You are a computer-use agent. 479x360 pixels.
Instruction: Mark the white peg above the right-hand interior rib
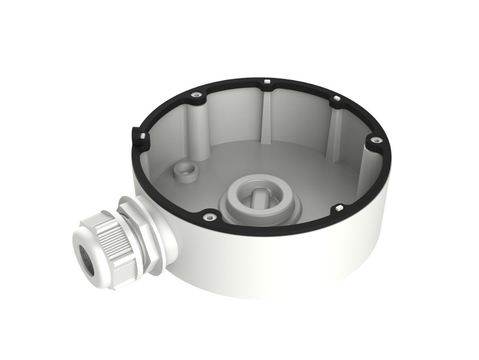point(335,99)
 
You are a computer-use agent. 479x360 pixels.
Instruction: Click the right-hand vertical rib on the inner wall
point(333,131)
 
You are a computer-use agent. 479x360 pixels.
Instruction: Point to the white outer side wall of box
point(281,267)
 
